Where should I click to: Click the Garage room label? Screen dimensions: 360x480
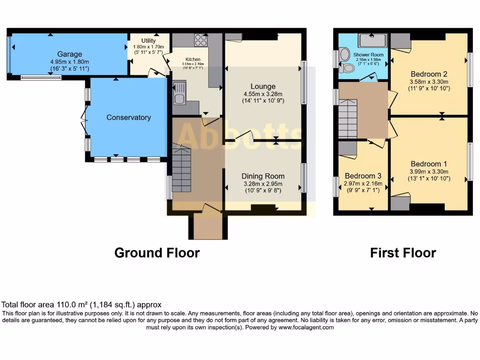coord(69,54)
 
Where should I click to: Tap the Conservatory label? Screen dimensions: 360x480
coord(128,117)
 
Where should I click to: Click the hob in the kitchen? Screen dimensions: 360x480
coord(201,40)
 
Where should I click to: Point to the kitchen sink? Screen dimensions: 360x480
coord(179,93)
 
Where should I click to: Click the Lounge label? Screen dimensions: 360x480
coord(263,86)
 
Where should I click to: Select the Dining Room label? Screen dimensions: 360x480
coord(263,176)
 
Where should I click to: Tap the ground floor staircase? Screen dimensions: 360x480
coord(181,169)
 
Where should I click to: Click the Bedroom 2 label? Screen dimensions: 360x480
coord(428,74)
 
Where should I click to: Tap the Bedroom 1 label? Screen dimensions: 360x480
coord(428,164)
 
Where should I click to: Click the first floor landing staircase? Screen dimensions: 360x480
coord(348,119)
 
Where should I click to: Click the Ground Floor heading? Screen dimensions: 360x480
coord(157,253)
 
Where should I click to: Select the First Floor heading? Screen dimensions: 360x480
coord(403,253)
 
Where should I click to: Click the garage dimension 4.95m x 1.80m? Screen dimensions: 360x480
coord(69,62)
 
